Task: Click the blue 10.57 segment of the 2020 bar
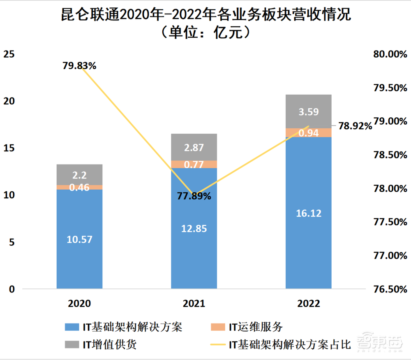79,239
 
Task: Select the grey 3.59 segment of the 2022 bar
308,111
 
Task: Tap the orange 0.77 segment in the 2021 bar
194,164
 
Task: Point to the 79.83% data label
79,65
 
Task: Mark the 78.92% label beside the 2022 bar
355,126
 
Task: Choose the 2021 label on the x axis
194,304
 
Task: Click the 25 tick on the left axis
9,54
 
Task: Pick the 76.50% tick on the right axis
390,289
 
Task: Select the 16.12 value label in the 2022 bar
308,213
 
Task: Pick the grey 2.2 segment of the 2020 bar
79,175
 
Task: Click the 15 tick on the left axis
9,148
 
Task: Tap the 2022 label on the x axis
309,304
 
